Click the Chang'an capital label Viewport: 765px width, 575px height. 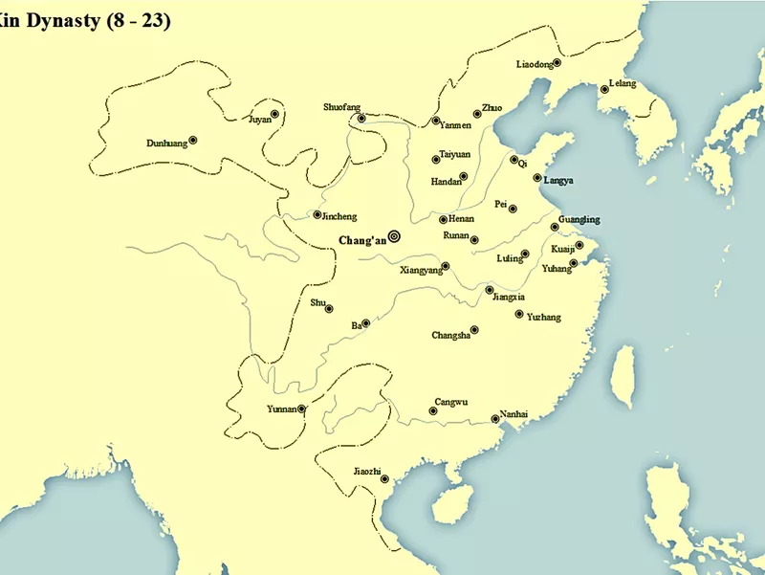[362, 240]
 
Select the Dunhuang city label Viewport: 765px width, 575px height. [166, 144]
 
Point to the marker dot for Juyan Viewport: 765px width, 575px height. [274, 114]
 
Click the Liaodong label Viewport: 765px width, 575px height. [535, 65]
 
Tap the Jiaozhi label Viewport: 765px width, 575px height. [367, 471]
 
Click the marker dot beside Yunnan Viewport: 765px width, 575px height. [302, 409]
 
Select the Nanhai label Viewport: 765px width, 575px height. [514, 413]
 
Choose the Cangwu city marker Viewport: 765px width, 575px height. [433, 411]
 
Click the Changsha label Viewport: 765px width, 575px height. [450, 335]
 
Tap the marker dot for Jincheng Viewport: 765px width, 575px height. [317, 214]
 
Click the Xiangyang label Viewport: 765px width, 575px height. [422, 271]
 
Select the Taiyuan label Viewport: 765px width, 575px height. [455, 153]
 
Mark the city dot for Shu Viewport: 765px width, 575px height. [329, 308]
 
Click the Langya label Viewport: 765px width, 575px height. [558, 180]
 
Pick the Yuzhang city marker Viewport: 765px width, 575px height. [518, 314]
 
